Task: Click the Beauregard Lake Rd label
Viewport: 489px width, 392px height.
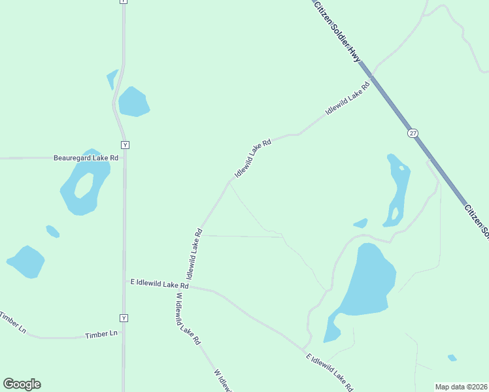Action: click(x=86, y=157)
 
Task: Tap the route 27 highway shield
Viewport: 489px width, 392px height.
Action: click(x=413, y=133)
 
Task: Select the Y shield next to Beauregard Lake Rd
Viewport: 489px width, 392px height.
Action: click(x=124, y=144)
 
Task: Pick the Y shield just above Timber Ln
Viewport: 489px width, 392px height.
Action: click(x=124, y=318)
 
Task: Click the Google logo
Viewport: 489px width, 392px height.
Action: click(x=22, y=384)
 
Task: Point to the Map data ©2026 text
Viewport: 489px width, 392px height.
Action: click(x=460, y=387)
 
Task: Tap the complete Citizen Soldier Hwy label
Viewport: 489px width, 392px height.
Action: click(x=337, y=31)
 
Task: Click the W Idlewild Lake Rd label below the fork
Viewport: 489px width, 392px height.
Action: click(x=188, y=318)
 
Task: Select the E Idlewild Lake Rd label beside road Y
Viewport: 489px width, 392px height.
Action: click(x=160, y=284)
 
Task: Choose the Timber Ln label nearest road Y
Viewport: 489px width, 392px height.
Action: click(x=101, y=334)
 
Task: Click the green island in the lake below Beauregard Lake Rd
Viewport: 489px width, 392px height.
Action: click(x=84, y=186)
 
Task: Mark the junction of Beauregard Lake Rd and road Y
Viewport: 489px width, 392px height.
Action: click(x=124, y=157)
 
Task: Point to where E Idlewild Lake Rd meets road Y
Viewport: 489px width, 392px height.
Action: click(x=124, y=282)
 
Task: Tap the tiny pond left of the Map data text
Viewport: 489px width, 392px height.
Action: click(x=452, y=357)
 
